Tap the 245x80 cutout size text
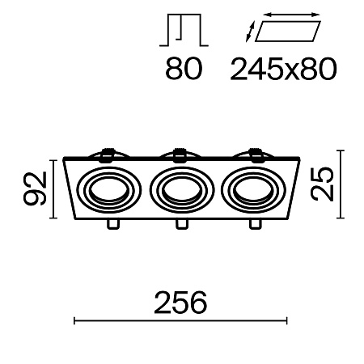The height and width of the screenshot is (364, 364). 282,71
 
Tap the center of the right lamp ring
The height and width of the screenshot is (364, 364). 249,190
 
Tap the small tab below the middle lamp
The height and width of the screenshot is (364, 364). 179,224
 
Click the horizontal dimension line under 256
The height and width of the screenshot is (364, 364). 181,321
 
